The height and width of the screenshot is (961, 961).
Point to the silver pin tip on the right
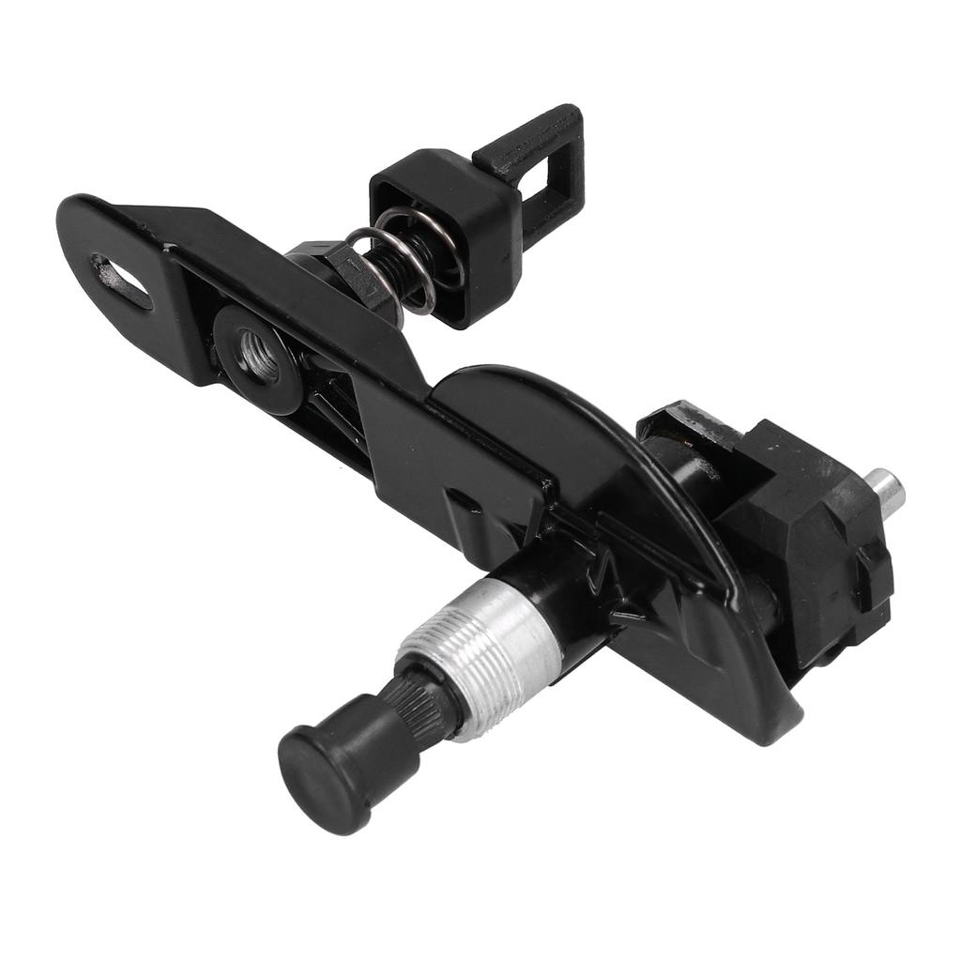[886, 489]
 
